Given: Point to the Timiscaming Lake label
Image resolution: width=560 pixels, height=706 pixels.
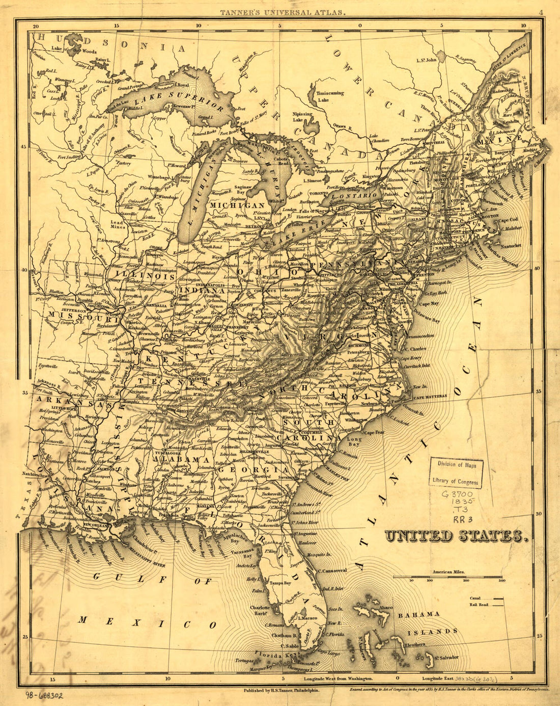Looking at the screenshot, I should pos(330,97).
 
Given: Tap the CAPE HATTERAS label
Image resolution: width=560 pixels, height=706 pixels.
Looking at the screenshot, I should pos(429,396).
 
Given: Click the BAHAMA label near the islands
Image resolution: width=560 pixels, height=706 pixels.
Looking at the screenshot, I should pos(418,614).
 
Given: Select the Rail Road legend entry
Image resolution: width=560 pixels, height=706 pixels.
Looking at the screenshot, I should pos(486,605).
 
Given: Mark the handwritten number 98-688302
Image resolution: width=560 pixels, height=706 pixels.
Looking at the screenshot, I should pos(44,695).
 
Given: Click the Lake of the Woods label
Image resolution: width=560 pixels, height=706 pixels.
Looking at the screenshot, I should pos(74,50).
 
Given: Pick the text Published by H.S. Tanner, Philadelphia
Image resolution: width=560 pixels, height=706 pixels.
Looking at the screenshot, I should pos(281,690).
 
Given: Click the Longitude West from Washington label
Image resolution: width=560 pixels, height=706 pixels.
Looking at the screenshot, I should pos(339,679).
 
